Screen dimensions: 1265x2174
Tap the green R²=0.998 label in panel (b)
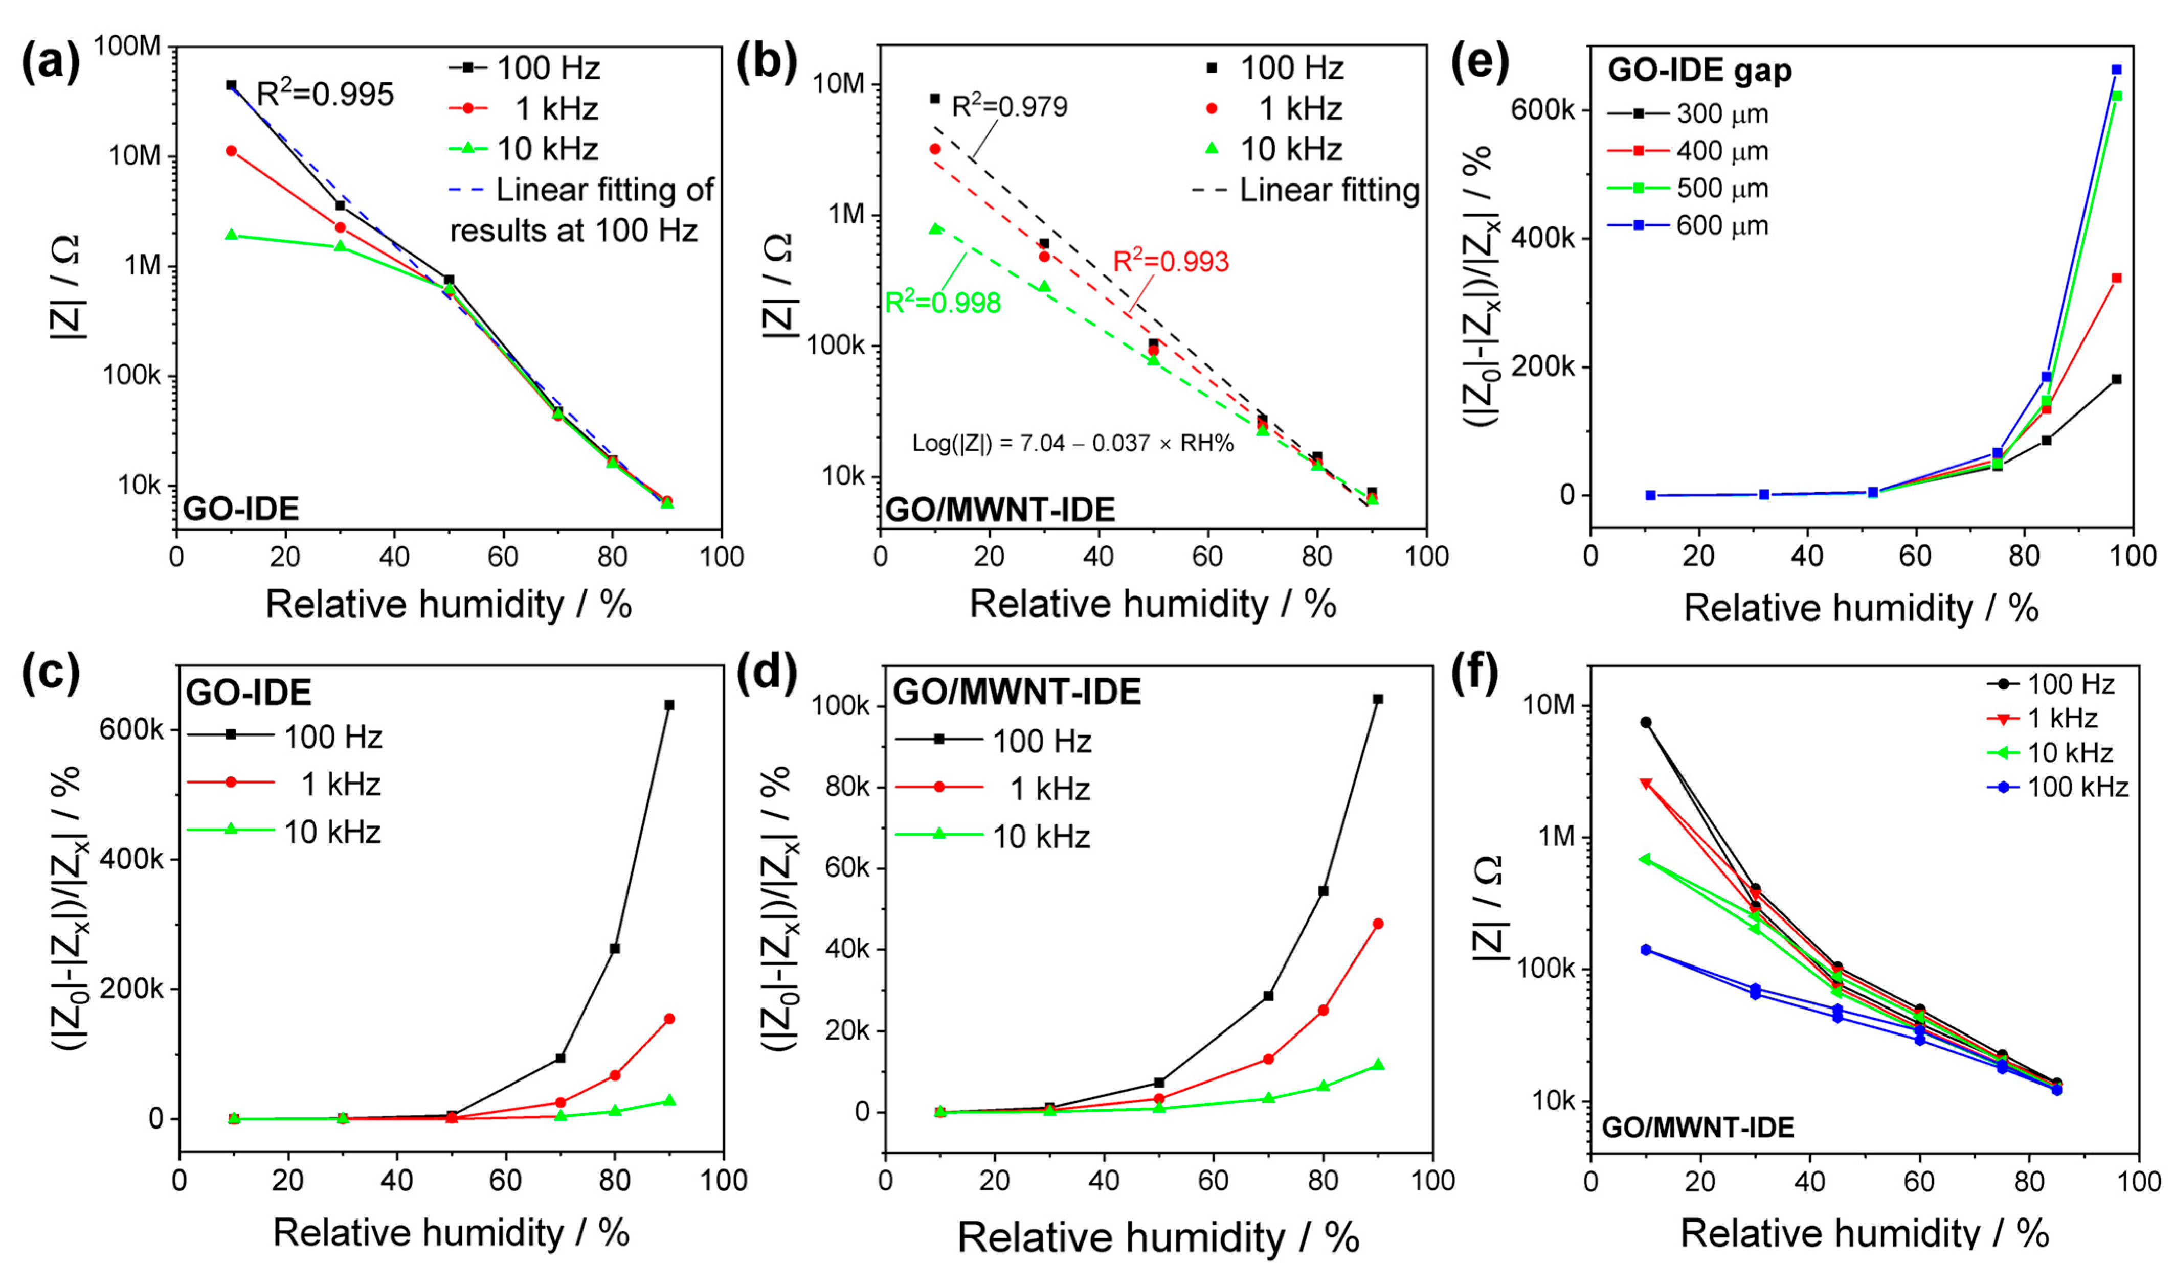click(x=943, y=302)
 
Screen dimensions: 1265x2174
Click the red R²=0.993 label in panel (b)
click(x=1171, y=261)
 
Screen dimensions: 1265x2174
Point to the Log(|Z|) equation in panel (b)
click(x=1073, y=443)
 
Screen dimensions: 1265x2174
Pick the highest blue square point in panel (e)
click(x=2116, y=70)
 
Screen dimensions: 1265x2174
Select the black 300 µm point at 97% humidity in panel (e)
click(x=2116, y=379)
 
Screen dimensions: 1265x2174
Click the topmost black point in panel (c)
click(x=668, y=704)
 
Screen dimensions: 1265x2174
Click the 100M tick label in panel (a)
click(x=127, y=45)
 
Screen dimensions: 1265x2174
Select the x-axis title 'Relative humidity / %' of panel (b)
click(x=1153, y=604)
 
